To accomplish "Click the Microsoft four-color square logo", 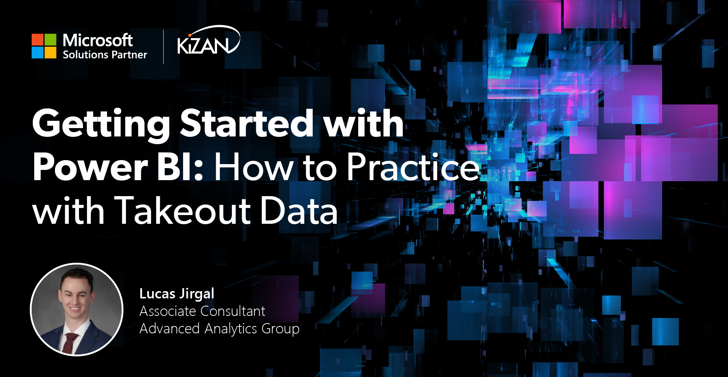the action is (44, 46).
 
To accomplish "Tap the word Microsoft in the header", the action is (98, 40).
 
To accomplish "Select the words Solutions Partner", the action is (105, 55).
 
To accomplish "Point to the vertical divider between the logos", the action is (163, 47).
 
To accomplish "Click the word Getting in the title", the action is (101, 124).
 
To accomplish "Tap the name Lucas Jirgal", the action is (177, 294).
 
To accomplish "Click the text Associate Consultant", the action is (202, 311).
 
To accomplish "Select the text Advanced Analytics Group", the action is (219, 329).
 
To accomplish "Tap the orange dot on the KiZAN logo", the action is (190, 35).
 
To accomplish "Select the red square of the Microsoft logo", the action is (37, 40).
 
